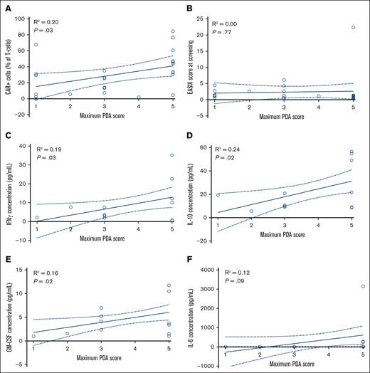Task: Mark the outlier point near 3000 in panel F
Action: click(362, 287)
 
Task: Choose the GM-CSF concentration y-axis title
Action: click(6, 310)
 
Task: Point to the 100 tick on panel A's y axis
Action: click(22, 15)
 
